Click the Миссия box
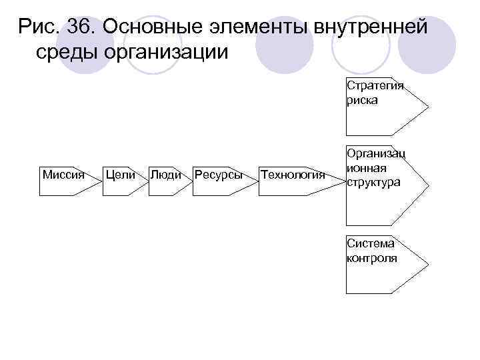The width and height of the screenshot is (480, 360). point(63,178)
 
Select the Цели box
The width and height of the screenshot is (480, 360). point(120,178)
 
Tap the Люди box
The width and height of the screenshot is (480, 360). point(165,178)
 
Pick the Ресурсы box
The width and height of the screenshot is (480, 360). point(218,178)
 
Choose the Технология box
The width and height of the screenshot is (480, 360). point(293,178)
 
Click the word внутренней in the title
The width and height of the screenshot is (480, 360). point(371,27)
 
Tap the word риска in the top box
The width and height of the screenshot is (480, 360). point(362,100)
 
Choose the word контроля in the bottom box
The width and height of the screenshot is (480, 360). point(372,258)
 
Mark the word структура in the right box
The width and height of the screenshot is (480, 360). point(374,182)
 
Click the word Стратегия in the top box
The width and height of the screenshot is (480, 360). point(375,87)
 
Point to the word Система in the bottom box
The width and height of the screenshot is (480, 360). point(370,244)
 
